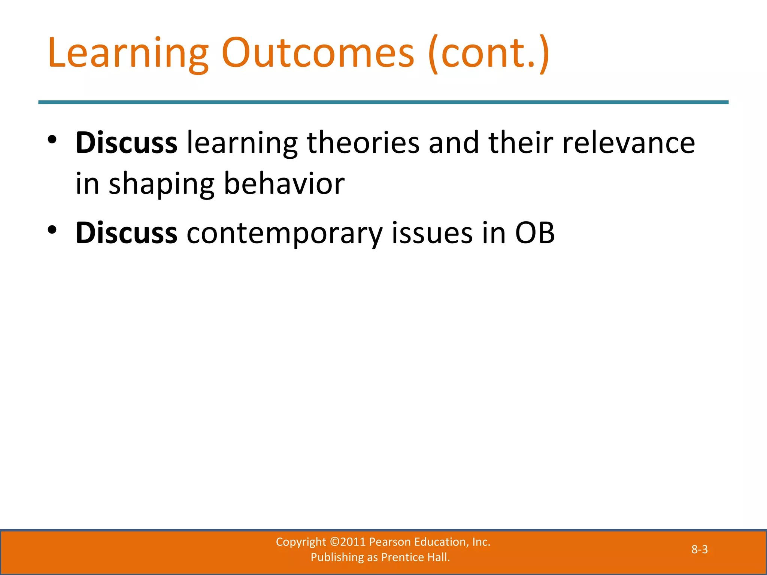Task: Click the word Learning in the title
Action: coord(128,54)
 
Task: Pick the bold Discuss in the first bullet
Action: coord(126,143)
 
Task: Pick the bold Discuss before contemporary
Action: coord(126,233)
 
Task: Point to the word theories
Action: coord(363,143)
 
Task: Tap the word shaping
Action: coord(161,184)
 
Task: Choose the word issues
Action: coord(432,233)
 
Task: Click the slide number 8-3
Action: coord(699,550)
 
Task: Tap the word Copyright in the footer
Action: coord(301,542)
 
